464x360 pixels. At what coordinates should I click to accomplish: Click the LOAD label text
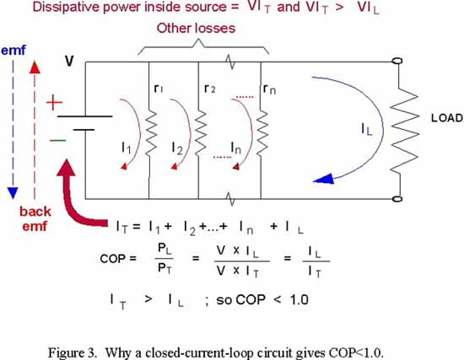pyautogui.click(x=447, y=118)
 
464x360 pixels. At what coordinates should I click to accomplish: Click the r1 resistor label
pyautogui.click(x=159, y=88)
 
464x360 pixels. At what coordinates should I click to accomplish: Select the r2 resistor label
pyautogui.click(x=209, y=88)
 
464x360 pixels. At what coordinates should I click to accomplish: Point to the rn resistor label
pyautogui.click(x=269, y=89)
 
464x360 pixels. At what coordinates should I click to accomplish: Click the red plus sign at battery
pyautogui.click(x=55, y=103)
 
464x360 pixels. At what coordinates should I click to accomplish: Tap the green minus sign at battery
pyautogui.click(x=57, y=140)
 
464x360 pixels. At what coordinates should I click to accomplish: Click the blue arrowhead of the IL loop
pyautogui.click(x=323, y=180)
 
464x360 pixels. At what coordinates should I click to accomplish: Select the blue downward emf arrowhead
pyautogui.click(x=13, y=193)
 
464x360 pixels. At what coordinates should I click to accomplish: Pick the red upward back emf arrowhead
pyautogui.click(x=35, y=67)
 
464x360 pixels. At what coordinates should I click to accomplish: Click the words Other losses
pyautogui.click(x=196, y=29)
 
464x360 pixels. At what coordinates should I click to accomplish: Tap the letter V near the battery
pyautogui.click(x=69, y=61)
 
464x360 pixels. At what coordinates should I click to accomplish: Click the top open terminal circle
pyautogui.click(x=397, y=61)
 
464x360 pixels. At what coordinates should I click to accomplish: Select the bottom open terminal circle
pyautogui.click(x=397, y=199)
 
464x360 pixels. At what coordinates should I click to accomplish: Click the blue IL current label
pyautogui.click(x=367, y=129)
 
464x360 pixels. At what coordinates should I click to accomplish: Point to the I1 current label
pyautogui.click(x=126, y=148)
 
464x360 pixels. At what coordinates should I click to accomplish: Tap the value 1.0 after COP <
pyautogui.click(x=299, y=300)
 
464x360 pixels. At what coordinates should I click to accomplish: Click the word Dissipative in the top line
pyautogui.click(x=66, y=8)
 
